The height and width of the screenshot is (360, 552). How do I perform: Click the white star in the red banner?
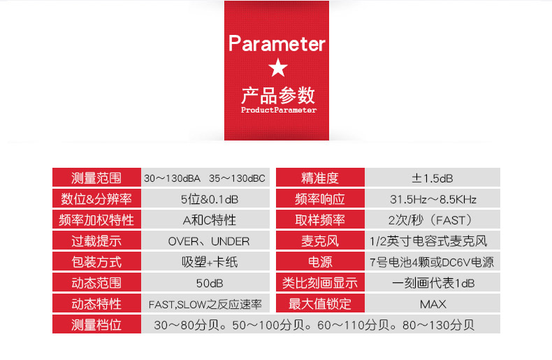[278, 68]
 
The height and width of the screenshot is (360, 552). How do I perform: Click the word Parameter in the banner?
[277, 43]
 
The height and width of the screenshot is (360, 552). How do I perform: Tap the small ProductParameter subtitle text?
[279, 110]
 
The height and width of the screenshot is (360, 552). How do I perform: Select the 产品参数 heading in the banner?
[278, 95]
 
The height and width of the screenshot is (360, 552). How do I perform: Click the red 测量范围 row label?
[96, 177]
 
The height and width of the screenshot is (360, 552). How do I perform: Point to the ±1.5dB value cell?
[433, 177]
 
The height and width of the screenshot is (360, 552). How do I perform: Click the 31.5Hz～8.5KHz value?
[433, 199]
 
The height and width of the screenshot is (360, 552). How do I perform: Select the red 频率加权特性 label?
[96, 219]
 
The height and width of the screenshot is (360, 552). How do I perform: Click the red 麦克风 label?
[320, 240]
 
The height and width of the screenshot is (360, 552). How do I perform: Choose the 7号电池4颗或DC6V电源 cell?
[433, 261]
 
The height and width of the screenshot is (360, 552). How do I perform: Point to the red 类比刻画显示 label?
[320, 282]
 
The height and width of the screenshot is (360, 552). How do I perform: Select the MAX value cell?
[433, 303]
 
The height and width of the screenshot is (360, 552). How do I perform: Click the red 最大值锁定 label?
[320, 303]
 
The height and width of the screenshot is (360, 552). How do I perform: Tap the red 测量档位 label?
[96, 324]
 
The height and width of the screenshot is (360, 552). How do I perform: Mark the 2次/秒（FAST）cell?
[433, 219]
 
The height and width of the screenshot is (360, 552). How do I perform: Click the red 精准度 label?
[320, 177]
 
